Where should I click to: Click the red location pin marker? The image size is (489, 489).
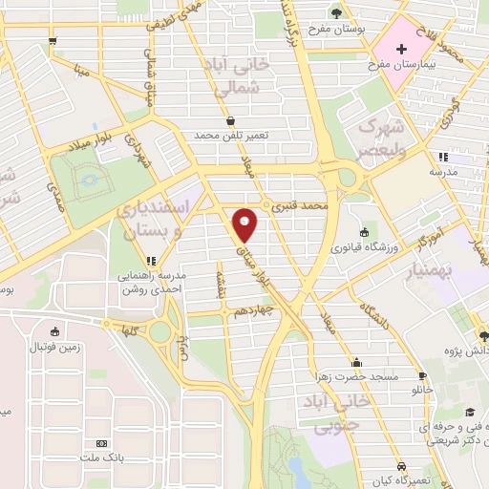(246, 223)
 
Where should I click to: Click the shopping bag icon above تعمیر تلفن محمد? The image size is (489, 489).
(231, 120)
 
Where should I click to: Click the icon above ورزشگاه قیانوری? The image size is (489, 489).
(364, 232)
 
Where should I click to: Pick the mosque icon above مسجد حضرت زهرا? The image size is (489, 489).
(357, 362)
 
